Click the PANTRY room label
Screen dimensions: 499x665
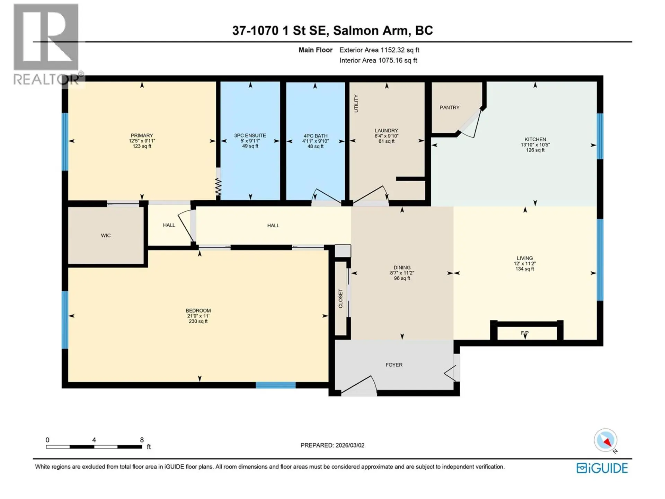pyautogui.click(x=449, y=107)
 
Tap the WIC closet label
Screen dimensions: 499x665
pyautogui.click(x=106, y=235)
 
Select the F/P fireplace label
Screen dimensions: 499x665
pyautogui.click(x=524, y=333)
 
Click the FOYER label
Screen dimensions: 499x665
pyautogui.click(x=394, y=365)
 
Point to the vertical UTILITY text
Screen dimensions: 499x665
pyautogui.click(x=356, y=103)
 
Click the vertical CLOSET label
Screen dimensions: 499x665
pyautogui.click(x=340, y=298)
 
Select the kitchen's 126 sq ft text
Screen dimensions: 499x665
pyautogui.click(x=535, y=150)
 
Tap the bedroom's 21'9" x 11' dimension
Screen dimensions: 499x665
pyautogui.click(x=198, y=316)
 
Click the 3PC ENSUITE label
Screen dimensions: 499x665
pyautogui.click(x=250, y=135)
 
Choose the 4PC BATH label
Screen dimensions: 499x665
pyautogui.click(x=315, y=136)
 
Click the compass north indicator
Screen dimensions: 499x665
pyautogui.click(x=606, y=440)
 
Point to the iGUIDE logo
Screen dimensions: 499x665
pyautogui.click(x=602, y=468)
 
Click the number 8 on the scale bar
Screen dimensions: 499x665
pyautogui.click(x=142, y=440)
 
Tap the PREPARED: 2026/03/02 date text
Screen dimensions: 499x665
pyautogui.click(x=332, y=445)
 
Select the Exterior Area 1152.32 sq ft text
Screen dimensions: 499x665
pyautogui.click(x=379, y=50)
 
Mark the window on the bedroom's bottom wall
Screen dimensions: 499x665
pyautogui.click(x=276, y=385)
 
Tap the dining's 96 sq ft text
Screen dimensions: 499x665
pyautogui.click(x=402, y=278)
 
